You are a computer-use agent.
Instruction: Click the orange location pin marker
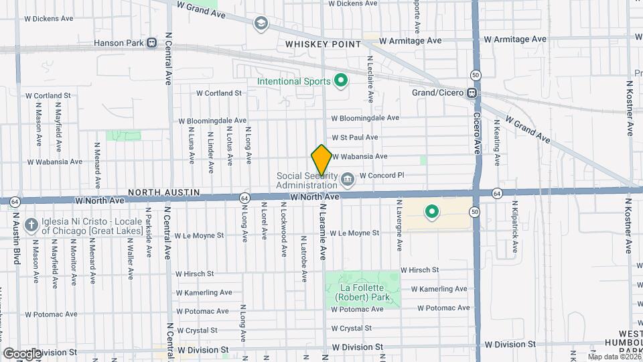(x=321, y=160)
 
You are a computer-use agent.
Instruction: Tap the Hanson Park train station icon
(x=152, y=43)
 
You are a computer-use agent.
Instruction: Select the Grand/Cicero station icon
(x=472, y=93)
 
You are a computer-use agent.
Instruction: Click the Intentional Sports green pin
(x=341, y=82)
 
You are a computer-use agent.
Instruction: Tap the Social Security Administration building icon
(x=348, y=179)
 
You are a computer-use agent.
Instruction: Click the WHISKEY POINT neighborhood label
(x=323, y=44)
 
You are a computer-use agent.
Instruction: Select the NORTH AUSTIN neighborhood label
(x=165, y=192)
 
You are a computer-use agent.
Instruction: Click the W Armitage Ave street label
(x=410, y=40)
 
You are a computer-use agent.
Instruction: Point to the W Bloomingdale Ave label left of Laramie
(x=212, y=121)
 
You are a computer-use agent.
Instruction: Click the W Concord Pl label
(x=382, y=176)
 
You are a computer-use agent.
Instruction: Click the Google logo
(x=21, y=353)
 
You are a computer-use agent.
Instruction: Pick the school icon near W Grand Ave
(x=260, y=24)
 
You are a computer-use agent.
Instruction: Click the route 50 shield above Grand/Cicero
(x=475, y=75)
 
